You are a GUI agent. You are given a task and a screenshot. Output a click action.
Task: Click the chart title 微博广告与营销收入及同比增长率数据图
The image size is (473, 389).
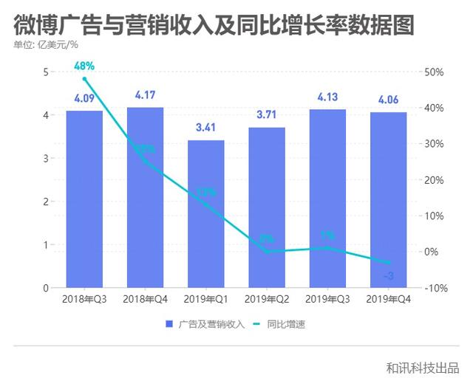coord(214,24)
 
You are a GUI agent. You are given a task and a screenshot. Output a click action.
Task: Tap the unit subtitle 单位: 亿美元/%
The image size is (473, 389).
coord(46,46)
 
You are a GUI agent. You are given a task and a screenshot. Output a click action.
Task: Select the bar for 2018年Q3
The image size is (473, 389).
coord(84,199)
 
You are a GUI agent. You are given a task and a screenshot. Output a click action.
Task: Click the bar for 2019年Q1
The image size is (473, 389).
coord(205,214)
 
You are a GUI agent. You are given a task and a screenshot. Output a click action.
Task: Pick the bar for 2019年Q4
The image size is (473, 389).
coord(387,200)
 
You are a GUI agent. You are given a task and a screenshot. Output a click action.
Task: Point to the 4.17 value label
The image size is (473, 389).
coord(145,96)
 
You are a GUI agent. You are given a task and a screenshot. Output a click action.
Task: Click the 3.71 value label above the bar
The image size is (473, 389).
coord(266,115)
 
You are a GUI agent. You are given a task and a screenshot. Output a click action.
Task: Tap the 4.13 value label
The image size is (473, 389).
coord(327,97)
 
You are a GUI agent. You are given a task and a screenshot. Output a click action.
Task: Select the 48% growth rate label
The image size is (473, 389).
coord(84,66)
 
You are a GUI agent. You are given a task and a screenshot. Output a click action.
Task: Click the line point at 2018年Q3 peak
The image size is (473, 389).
coord(84,79)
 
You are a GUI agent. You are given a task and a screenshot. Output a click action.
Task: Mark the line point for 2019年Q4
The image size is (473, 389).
coord(387,263)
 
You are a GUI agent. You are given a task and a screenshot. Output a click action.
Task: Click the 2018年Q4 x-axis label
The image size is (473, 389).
coord(145,299)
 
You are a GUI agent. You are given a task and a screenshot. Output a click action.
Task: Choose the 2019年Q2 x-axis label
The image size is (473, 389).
coord(266,299)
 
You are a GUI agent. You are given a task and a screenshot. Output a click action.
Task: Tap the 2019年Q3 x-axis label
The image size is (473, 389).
coord(327,299)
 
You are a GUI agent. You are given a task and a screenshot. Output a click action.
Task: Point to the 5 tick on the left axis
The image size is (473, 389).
coord(46,72)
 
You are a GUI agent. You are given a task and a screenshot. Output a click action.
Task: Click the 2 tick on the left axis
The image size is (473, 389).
coord(46,202)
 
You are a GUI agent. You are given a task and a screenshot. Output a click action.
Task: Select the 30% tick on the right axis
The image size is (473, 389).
coord(435,144)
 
